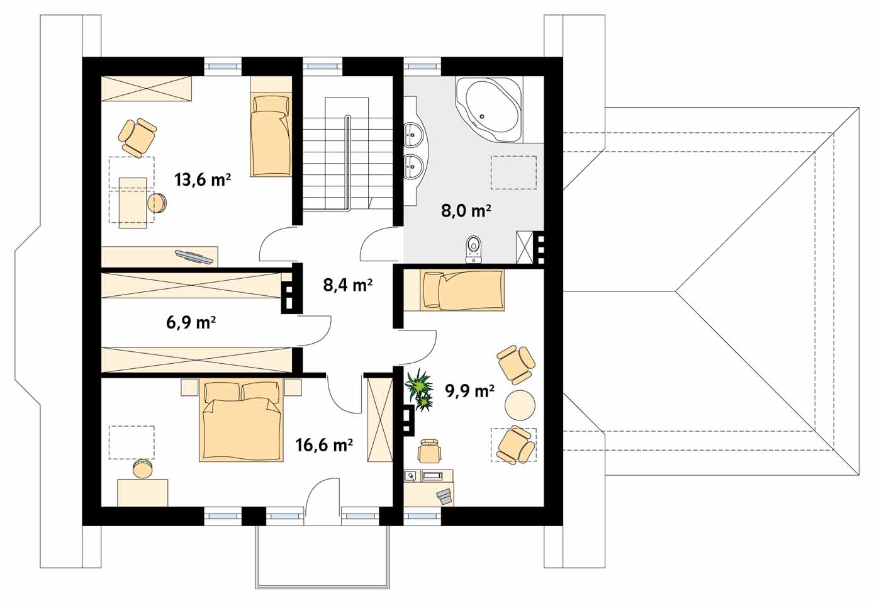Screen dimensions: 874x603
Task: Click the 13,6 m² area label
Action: [203, 180]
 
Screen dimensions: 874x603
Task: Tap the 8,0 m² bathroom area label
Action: [466, 211]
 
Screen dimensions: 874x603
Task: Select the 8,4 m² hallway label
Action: [347, 285]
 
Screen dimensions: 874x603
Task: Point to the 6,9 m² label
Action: [191, 323]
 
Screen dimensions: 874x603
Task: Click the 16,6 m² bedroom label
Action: [324, 444]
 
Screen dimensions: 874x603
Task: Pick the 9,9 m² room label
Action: [470, 390]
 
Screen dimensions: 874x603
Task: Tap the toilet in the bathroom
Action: [474, 249]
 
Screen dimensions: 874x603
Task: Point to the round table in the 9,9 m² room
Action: [519, 405]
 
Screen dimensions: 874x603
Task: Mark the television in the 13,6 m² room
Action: [194, 257]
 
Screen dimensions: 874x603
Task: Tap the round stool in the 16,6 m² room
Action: [142, 469]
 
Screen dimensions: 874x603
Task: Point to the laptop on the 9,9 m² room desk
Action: [444, 497]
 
